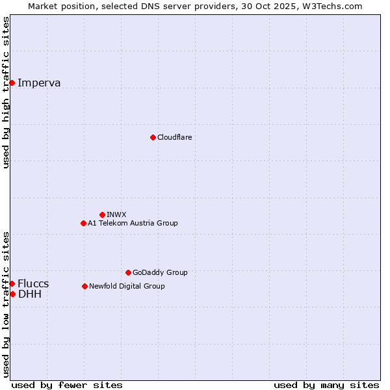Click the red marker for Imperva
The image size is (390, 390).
[12, 83]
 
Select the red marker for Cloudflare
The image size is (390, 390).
[153, 137]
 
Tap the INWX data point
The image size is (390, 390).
[102, 214]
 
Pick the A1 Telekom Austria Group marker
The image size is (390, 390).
[83, 223]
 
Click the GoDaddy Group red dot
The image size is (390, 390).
[128, 272]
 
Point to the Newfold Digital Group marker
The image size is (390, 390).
[84, 286]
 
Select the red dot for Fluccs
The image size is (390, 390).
[12, 283]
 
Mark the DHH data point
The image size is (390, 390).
[12, 294]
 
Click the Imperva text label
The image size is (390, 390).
[39, 83]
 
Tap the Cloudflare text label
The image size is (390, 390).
[174, 137]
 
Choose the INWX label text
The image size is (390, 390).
[116, 214]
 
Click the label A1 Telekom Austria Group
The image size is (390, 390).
[133, 223]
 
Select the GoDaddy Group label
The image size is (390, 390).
[160, 272]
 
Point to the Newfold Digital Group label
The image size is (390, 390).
[127, 286]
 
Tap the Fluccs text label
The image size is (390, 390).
[33, 283]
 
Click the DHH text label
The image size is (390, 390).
[30, 294]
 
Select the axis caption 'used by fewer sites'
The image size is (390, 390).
[67, 385]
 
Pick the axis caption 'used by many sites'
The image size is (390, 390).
[326, 385]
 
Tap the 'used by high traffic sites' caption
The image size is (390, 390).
[6, 92]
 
